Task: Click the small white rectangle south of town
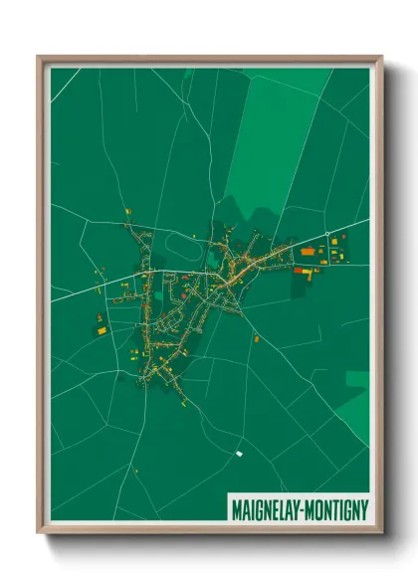pyautogui.click(x=239, y=454)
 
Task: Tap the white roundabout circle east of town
pyautogui.click(x=326, y=235)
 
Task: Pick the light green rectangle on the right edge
pyautogui.click(x=356, y=378)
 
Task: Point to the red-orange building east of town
pyautogui.click(x=307, y=253)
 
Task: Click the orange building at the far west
pyautogui.click(x=102, y=317)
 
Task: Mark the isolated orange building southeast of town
pyautogui.click(x=256, y=339)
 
